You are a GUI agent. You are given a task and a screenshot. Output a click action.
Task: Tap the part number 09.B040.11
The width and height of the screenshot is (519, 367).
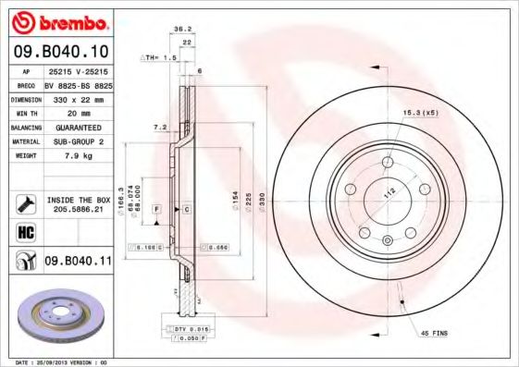click(78, 262)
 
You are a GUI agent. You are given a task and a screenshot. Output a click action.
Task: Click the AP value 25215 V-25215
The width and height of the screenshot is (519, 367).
click(79, 71)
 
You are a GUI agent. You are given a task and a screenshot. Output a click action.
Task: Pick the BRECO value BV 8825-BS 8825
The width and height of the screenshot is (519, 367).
click(79, 85)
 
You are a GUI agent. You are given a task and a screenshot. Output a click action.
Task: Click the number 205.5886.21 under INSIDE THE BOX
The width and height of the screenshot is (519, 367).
click(78, 209)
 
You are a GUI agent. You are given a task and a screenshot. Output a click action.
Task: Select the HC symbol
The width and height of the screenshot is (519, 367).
click(25, 230)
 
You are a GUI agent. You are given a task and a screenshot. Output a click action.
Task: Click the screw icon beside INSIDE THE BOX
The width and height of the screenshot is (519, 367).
click(25, 203)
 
